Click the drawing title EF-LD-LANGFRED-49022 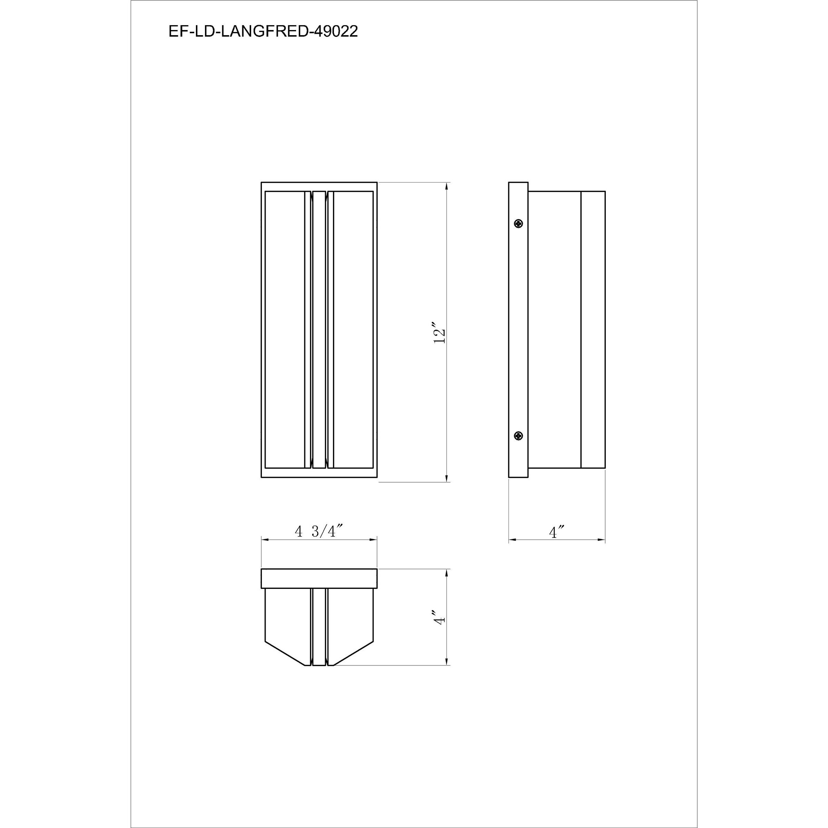[x=263, y=32]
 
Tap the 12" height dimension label [x=440, y=332]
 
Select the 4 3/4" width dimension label [x=319, y=532]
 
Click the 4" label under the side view [x=556, y=532]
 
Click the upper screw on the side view [x=519, y=223]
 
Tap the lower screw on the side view [x=519, y=436]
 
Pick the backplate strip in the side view [x=518, y=330]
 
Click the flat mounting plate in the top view [x=319, y=579]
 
